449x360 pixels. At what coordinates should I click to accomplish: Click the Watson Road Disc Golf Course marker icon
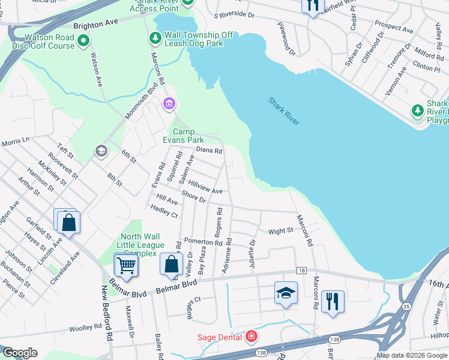coord(83,41)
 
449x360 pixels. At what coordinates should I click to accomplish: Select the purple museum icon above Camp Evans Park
coord(169,105)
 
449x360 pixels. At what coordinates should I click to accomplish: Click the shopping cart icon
coord(126,265)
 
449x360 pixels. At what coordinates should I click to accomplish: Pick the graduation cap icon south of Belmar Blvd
coord(286,293)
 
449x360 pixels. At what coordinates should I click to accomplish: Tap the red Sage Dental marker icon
coord(250,337)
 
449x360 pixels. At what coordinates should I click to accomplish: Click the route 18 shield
coord(301,271)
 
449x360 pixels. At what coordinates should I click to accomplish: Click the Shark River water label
coord(283,111)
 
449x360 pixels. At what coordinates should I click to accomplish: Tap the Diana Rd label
coord(209,150)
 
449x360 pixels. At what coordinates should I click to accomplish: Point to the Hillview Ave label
coord(205,187)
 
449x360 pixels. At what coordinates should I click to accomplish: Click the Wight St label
coord(280,230)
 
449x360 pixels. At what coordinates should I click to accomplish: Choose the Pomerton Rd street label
coord(203,241)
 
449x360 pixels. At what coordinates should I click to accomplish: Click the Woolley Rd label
coord(85,327)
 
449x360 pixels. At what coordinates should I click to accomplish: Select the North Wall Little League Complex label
coord(142,245)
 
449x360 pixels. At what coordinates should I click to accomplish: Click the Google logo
coord(19,353)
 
